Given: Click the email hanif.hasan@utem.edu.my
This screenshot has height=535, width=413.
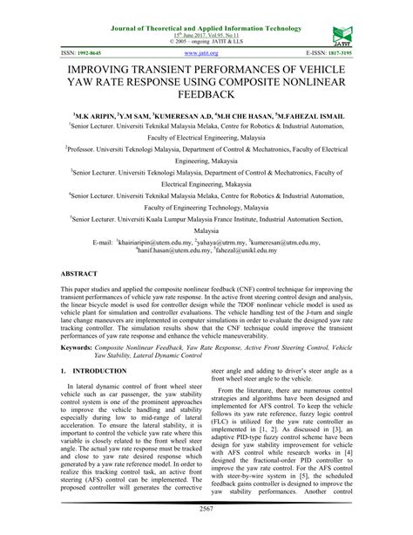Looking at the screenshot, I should (173, 249).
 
